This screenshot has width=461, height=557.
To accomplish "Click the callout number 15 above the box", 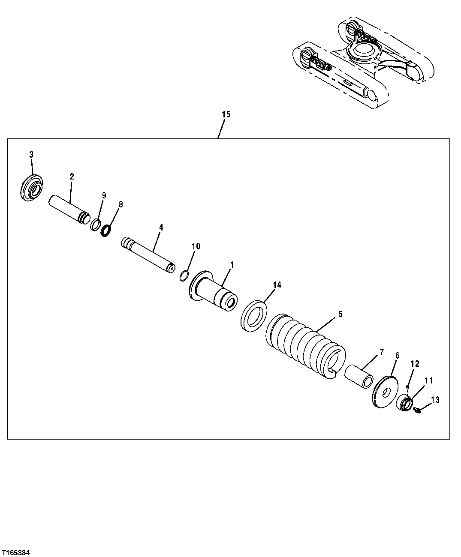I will [226, 114].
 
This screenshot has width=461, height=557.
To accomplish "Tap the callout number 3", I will [31, 154].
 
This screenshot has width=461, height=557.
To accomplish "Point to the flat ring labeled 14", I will [254, 316].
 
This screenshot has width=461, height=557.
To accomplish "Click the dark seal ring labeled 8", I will [106, 231].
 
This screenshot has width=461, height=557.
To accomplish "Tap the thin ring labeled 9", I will [96, 225].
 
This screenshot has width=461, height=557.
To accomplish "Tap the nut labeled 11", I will [405, 404].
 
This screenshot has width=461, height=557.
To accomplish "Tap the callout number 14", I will [277, 284].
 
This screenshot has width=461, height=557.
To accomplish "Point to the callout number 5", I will [340, 314].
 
